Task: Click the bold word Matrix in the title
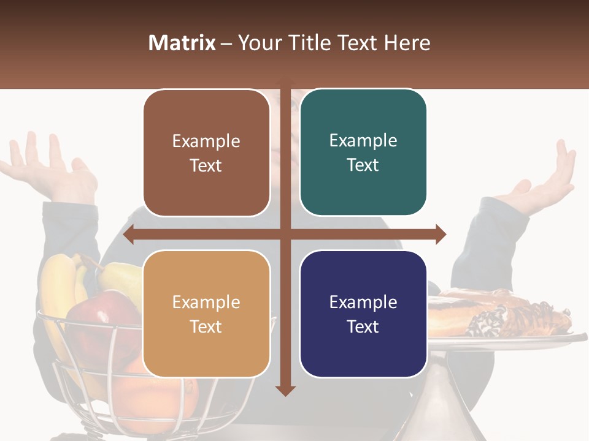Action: coord(182,43)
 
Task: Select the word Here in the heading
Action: coord(407,43)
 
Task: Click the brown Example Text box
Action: coord(206,153)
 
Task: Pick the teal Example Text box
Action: coord(363,153)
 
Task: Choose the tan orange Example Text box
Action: coord(206,314)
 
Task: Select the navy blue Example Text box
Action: coord(363,314)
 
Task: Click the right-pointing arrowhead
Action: coord(441,235)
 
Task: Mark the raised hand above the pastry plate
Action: coord(543,178)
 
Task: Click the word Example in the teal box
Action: coord(363,141)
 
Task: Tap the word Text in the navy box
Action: coord(363,326)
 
